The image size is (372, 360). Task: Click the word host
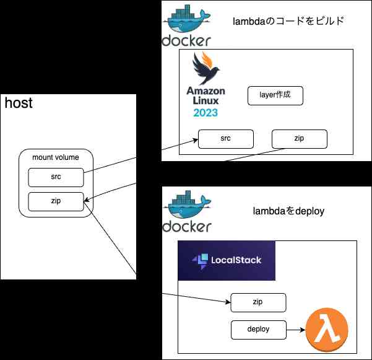click(19, 103)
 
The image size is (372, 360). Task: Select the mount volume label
click(56, 157)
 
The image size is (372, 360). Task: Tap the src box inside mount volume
click(56, 177)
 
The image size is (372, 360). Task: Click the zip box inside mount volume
click(56, 201)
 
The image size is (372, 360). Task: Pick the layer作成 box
click(275, 95)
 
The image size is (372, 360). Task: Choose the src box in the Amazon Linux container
click(225, 139)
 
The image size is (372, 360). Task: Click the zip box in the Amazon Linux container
click(300, 139)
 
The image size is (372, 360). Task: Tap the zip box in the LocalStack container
click(258, 303)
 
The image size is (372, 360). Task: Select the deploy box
click(258, 330)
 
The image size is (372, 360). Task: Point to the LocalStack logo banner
click(226, 260)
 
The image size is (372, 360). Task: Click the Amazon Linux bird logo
click(205, 68)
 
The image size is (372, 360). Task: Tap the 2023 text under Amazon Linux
click(205, 113)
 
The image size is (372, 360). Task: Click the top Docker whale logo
click(186, 25)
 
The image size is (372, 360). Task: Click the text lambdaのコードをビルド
click(288, 22)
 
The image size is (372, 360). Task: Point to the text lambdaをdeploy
click(288, 211)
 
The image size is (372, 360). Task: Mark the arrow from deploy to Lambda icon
click(295, 330)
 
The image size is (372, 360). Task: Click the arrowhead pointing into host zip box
click(86, 200)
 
